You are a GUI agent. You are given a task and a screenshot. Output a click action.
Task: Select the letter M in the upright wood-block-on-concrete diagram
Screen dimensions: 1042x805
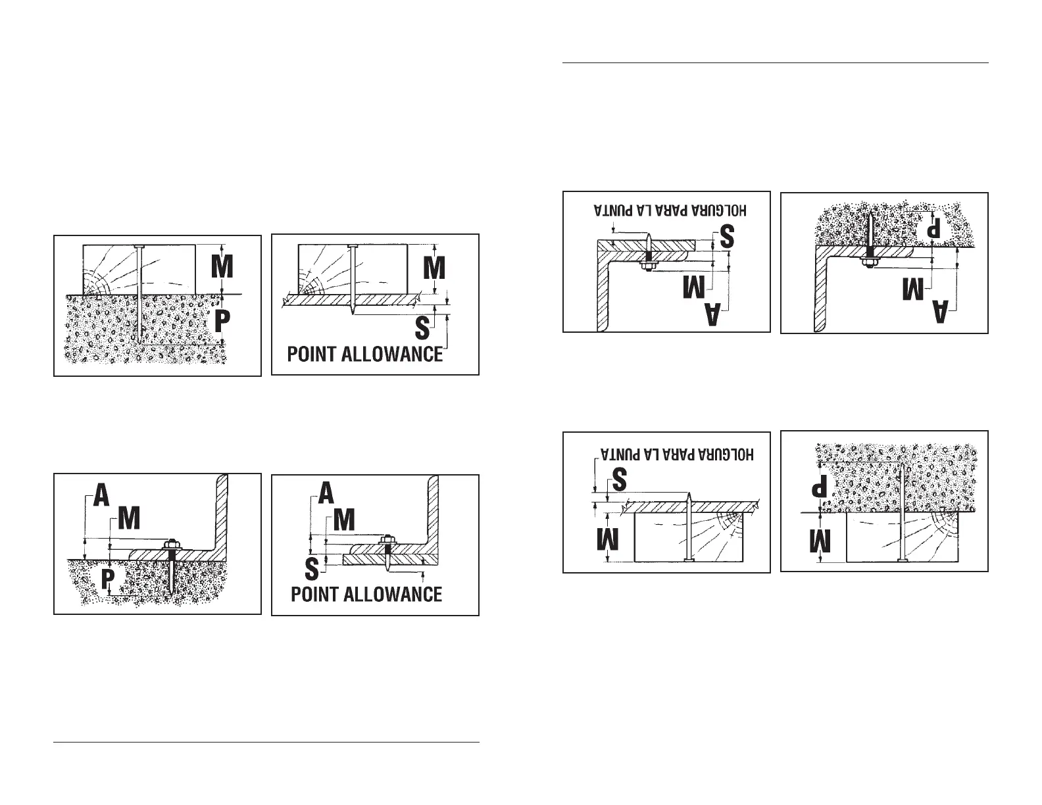pyautogui.click(x=222, y=268)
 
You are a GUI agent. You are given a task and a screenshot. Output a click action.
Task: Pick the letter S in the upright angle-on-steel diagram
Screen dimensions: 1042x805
pyautogui.click(x=311, y=567)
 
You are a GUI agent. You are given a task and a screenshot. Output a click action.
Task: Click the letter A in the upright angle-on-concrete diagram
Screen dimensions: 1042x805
pyautogui.click(x=101, y=495)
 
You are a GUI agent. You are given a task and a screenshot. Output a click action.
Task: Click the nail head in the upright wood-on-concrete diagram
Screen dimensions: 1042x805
pyautogui.click(x=140, y=247)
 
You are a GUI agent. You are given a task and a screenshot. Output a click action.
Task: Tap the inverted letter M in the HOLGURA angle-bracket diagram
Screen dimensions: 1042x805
pyautogui.click(x=696, y=288)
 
